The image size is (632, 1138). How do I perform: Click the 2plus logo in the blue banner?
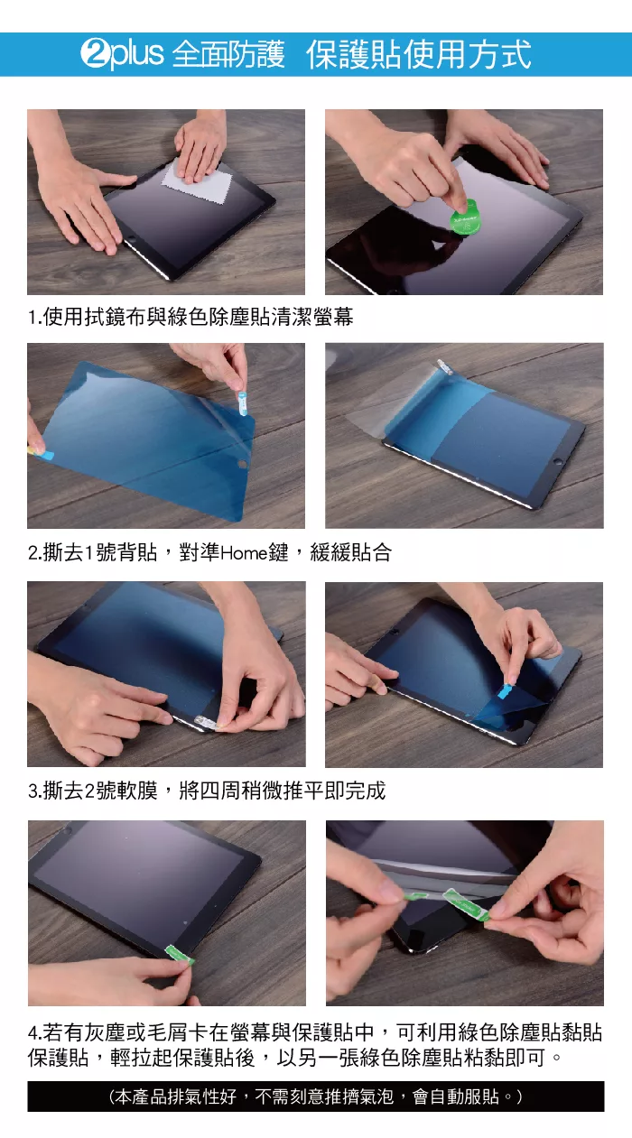[122, 53]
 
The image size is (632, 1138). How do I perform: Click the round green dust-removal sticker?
[465, 218]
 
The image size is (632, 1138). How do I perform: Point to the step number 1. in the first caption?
[34, 318]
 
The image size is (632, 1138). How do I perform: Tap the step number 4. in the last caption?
[35, 1032]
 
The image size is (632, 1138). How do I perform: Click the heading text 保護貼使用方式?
[418, 54]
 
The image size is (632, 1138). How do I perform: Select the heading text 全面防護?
[228, 54]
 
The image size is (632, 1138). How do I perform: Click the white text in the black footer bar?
[316, 1096]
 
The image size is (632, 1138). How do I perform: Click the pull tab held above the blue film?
[243, 402]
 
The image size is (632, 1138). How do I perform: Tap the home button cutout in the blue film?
[242, 464]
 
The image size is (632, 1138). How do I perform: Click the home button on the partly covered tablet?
[558, 462]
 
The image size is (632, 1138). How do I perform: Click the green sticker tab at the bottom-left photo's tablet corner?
[180, 954]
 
